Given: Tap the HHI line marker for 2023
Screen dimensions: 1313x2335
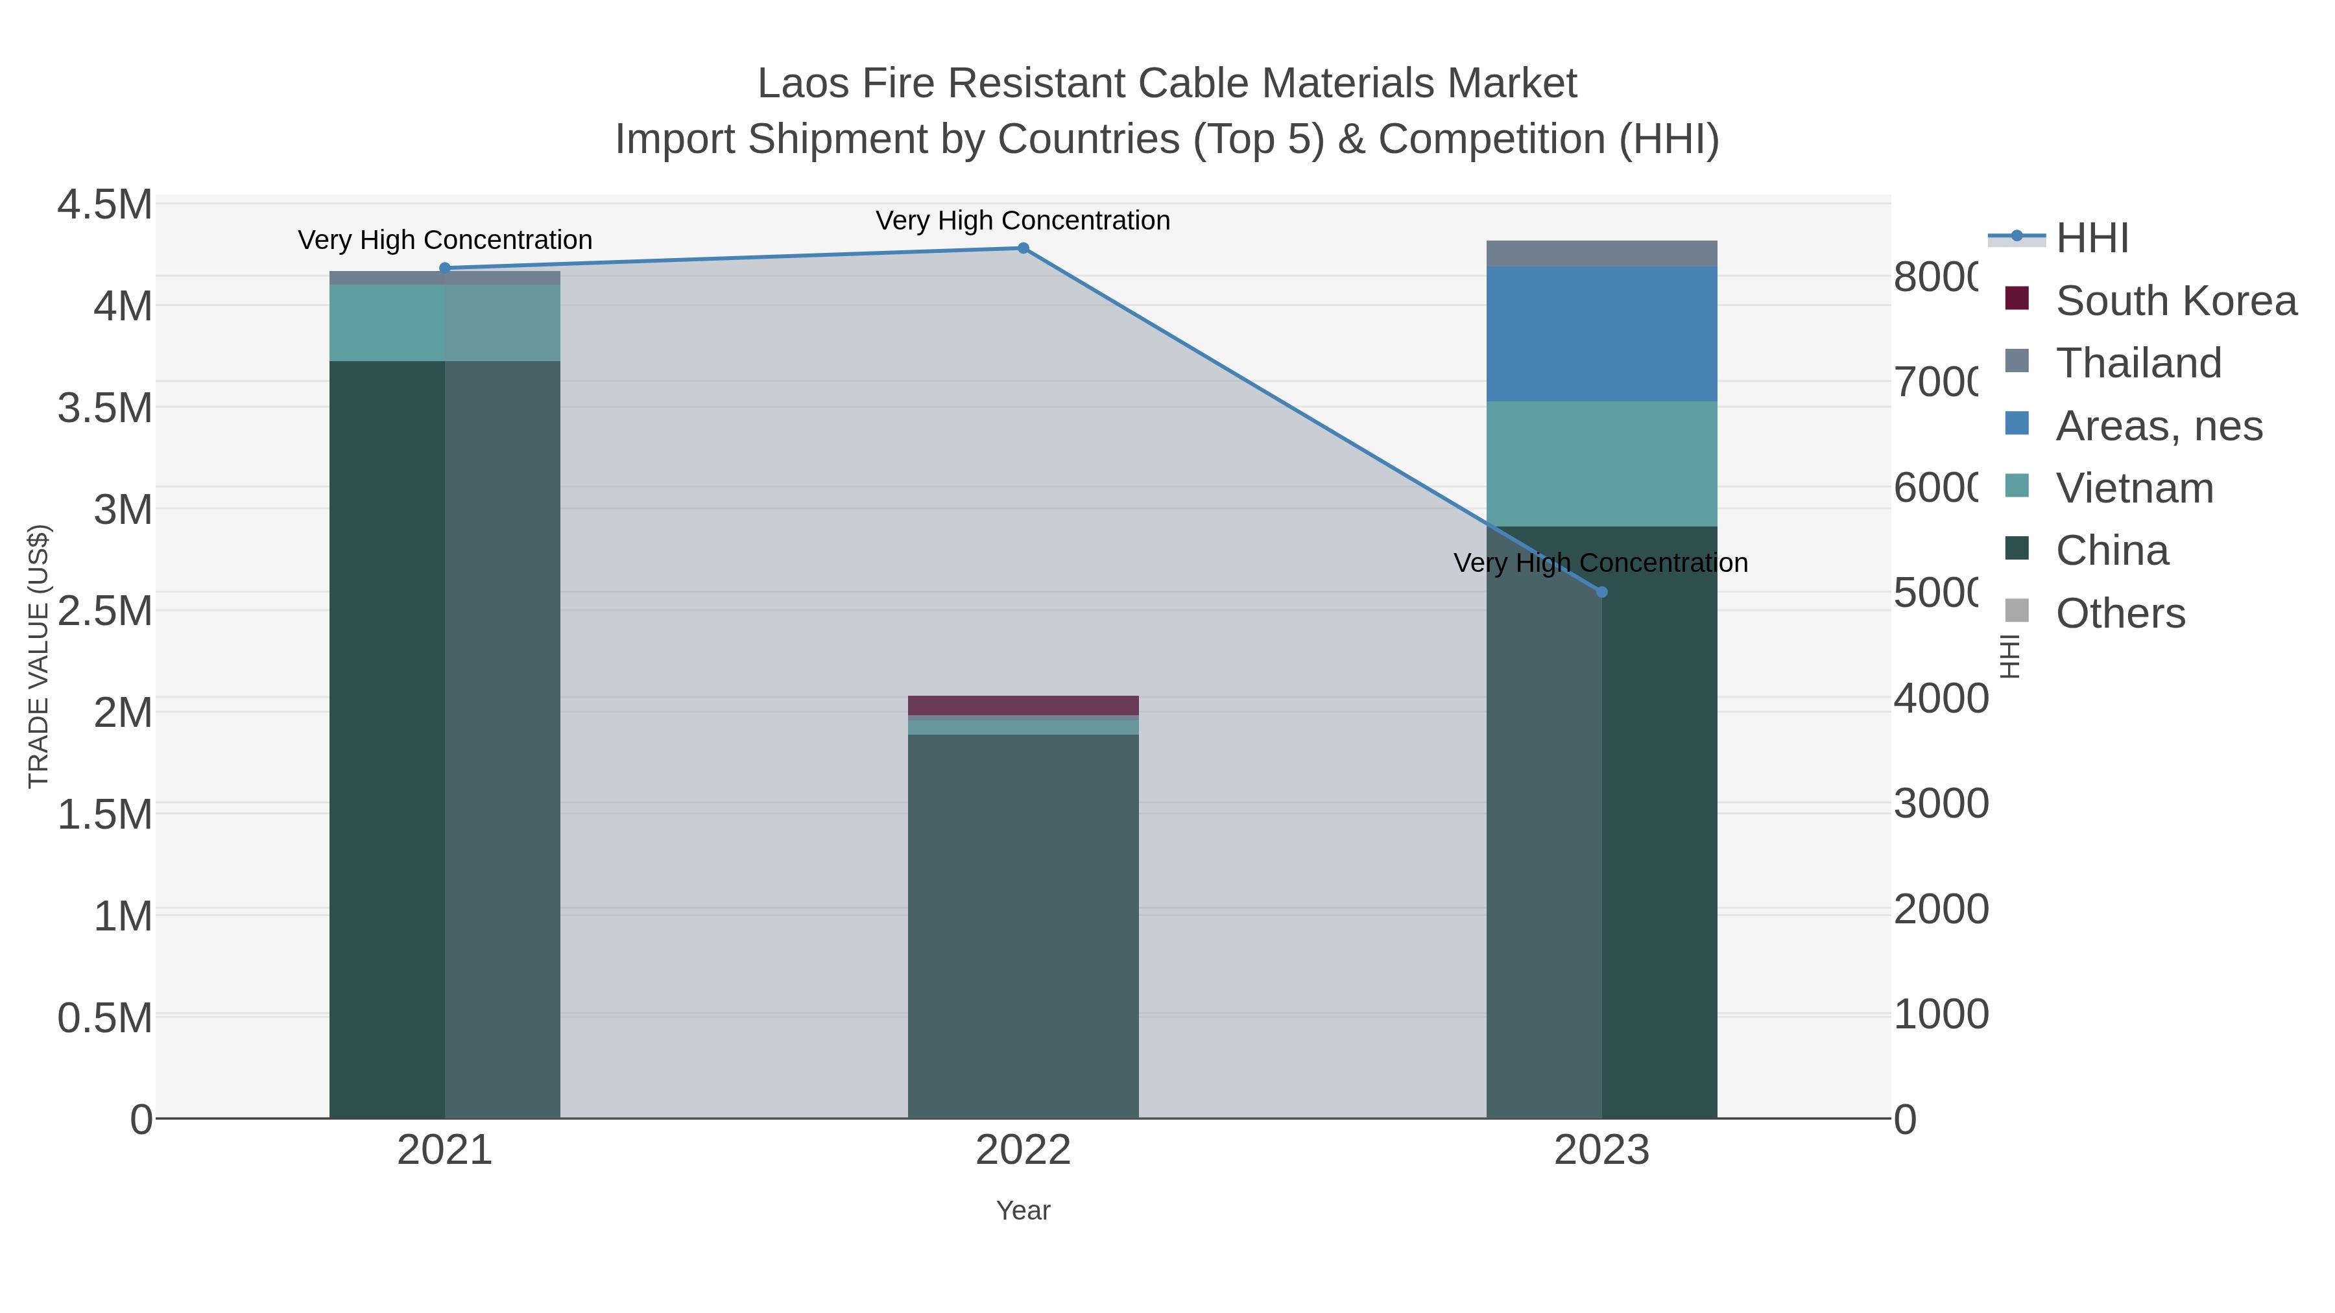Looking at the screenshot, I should pyautogui.click(x=1601, y=592).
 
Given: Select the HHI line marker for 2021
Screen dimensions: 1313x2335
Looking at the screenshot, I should pyautogui.click(x=444, y=268).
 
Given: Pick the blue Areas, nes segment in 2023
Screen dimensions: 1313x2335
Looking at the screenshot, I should pyautogui.click(x=1601, y=333).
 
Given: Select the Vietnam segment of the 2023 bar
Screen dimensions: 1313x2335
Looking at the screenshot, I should pyautogui.click(x=1601, y=464).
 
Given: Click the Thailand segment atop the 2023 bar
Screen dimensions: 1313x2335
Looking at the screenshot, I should pyautogui.click(x=1601, y=254).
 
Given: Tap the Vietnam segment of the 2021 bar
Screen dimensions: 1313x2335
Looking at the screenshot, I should pyautogui.click(x=444, y=323).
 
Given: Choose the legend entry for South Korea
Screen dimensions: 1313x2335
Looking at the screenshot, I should pyautogui.click(x=2175, y=301).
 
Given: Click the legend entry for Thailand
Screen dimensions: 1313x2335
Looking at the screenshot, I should pyautogui.click(x=2138, y=363).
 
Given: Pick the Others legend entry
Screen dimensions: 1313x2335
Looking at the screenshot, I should pyautogui.click(x=2120, y=613).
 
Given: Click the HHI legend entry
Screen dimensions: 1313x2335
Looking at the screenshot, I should pyautogui.click(x=2091, y=239).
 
